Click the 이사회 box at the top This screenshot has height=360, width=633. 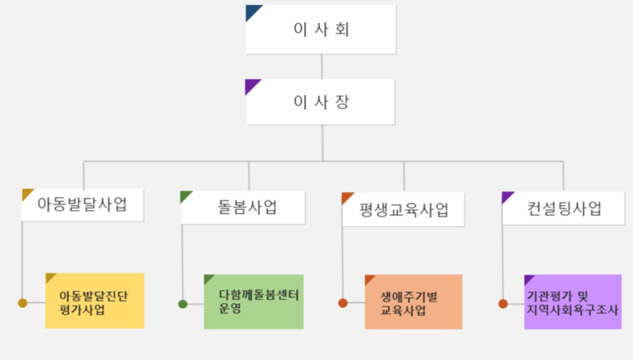tap(321, 30)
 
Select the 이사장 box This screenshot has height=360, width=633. tap(321, 101)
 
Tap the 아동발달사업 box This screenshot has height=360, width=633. tap(82, 204)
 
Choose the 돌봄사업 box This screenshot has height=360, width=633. tap(243, 208)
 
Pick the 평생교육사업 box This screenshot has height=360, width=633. tap(403, 209)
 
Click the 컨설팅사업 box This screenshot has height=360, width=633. tap(564, 208)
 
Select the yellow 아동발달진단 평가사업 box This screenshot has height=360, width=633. tap(95, 301)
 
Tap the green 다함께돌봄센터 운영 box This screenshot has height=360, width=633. tap(254, 302)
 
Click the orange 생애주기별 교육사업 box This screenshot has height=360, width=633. tap(414, 302)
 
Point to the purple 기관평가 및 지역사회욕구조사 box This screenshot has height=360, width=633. tap(573, 302)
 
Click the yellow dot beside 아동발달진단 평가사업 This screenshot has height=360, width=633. tap(22, 302)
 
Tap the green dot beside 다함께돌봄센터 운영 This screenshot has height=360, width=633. tap(183, 304)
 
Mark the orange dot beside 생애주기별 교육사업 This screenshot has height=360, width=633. tap(343, 303)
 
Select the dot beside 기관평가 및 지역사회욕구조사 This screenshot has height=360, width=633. tap(503, 303)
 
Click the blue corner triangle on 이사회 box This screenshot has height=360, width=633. tap(252, 11)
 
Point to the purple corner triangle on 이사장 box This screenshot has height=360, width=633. tap(251, 85)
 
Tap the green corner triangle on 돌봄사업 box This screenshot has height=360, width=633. tap(185, 195)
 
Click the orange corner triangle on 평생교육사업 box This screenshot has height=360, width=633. tap(346, 197)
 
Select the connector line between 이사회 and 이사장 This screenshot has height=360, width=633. tap(321, 67)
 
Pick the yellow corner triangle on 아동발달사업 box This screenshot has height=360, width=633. tap(26, 193)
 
